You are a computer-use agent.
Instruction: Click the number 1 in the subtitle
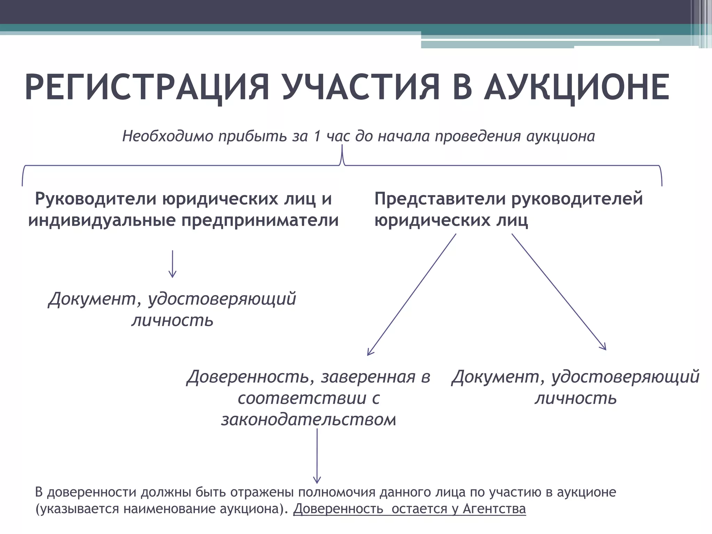tap(317, 136)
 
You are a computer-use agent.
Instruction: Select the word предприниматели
tap(260, 220)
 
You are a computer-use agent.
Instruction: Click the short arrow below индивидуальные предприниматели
tap(172, 264)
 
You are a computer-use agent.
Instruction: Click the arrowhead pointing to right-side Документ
tap(604, 347)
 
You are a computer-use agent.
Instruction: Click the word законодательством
tap(309, 420)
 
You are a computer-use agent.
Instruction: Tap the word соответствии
tap(302, 398)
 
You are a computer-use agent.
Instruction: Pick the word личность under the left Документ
tap(172, 320)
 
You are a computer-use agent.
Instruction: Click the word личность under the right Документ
tap(576, 398)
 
